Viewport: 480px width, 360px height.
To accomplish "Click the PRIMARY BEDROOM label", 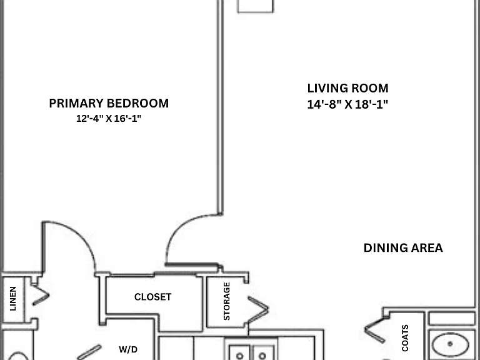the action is click(109, 104).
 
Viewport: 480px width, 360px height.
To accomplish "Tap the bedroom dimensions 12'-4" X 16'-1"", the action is click(109, 119).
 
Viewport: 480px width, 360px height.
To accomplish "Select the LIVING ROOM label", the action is click(347, 88).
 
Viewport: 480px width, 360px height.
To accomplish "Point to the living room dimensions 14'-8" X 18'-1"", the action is click(347, 104).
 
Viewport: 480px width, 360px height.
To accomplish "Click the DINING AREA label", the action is click(403, 247).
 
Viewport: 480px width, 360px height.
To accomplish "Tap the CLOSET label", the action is click(152, 297).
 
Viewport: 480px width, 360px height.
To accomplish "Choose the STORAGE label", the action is click(227, 301).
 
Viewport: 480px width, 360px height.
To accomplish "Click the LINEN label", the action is click(13, 299).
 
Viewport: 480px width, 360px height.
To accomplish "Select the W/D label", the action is click(128, 349).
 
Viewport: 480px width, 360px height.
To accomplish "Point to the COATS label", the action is click(405, 338).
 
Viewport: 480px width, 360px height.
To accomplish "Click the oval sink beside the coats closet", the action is click(450, 344).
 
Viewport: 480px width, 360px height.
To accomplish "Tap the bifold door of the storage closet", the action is click(259, 310).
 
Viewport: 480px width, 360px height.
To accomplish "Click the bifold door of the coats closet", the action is click(374, 330).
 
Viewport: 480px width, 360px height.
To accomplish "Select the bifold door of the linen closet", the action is click(41, 295).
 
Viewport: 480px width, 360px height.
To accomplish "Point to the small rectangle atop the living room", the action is click(255, 6).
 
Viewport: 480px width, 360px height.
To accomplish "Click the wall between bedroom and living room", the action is click(221, 107).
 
